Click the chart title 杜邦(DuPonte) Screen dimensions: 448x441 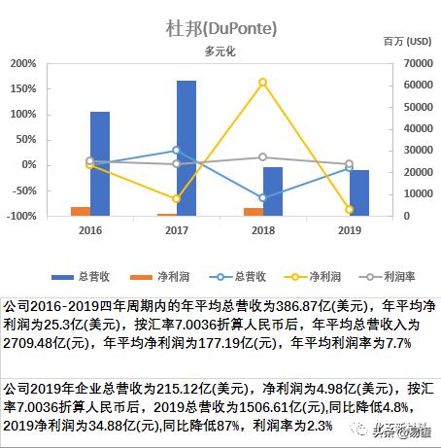click(x=220, y=27)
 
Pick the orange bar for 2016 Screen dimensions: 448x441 click(x=81, y=211)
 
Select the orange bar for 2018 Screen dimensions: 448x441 click(x=253, y=212)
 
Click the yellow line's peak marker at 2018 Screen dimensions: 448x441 click(x=262, y=82)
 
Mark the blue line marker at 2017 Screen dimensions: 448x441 click(x=176, y=150)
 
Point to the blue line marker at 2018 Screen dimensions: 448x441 click(x=262, y=197)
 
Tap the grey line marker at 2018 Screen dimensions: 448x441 click(x=262, y=157)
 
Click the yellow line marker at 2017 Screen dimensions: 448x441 click(x=176, y=198)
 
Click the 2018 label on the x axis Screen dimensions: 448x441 click(x=262, y=229)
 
